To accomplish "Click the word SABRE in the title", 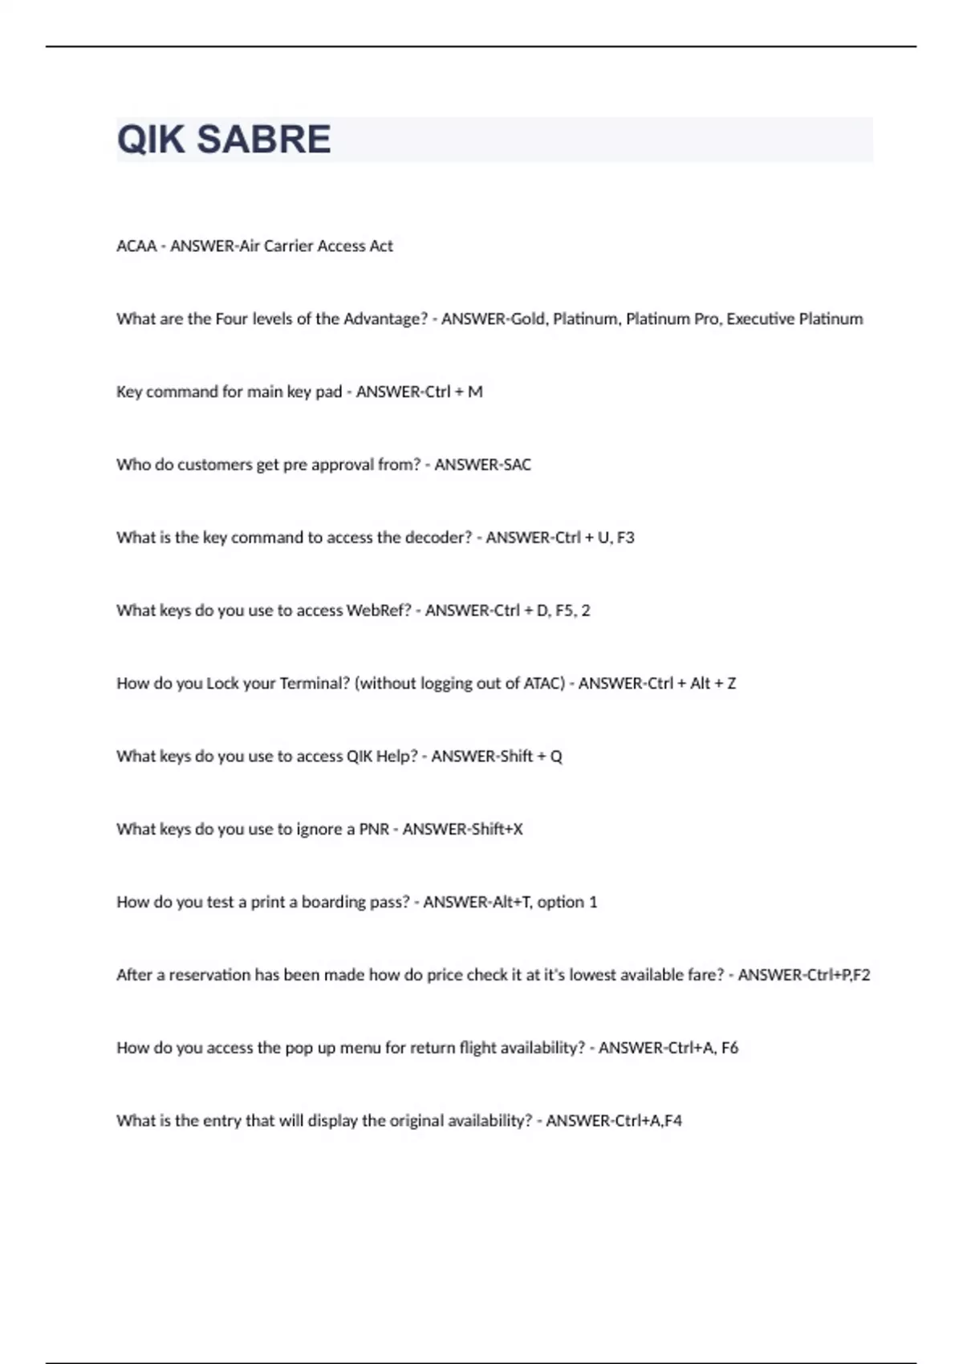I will click(263, 140).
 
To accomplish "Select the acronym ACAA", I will click(136, 246).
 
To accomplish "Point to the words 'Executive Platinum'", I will click(794, 319).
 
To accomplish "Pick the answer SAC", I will click(517, 465).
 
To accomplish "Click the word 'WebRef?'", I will click(378, 611).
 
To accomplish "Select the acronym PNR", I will click(374, 830).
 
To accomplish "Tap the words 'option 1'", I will click(567, 903).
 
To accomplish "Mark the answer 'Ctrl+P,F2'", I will click(838, 976).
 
